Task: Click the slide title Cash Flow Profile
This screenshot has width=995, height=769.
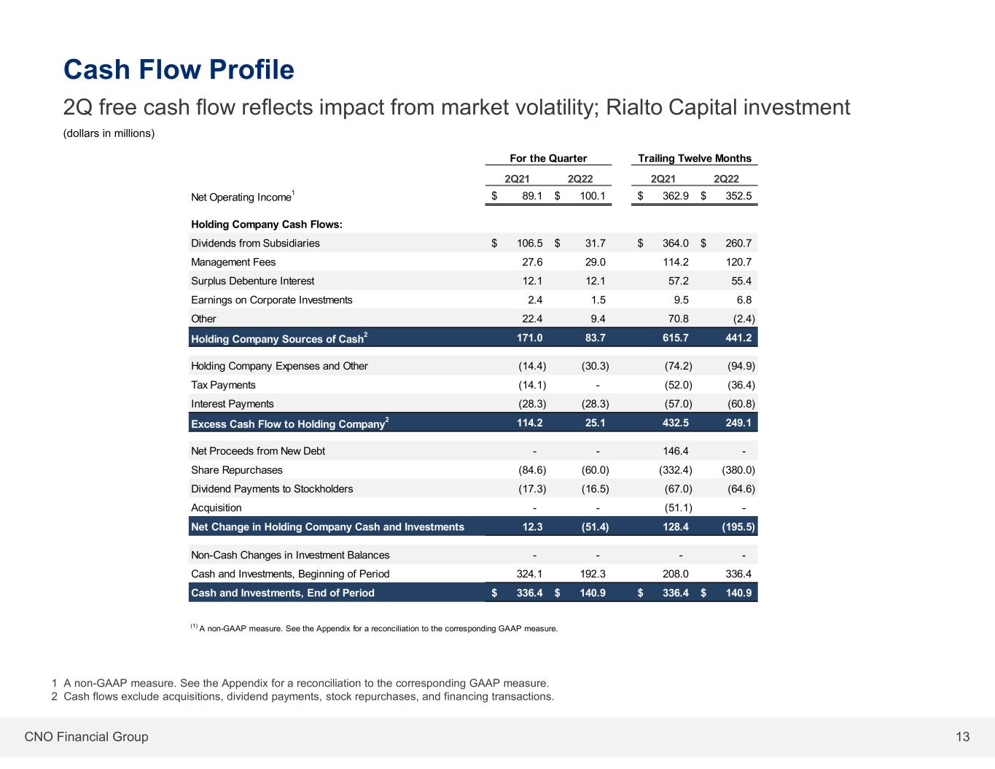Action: (x=179, y=69)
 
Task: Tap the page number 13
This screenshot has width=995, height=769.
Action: (x=962, y=736)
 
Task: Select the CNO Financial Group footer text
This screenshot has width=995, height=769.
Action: (x=86, y=736)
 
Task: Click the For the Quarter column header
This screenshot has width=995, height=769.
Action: (x=548, y=158)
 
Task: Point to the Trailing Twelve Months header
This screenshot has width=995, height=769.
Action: (x=695, y=158)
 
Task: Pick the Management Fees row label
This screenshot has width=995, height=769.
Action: (x=233, y=262)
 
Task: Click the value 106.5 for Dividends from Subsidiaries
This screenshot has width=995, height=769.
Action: (x=530, y=243)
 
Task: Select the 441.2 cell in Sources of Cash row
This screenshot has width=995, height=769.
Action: (x=738, y=337)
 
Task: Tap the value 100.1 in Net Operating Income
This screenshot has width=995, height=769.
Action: (x=593, y=196)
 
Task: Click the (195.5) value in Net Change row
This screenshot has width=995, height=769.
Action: (x=738, y=527)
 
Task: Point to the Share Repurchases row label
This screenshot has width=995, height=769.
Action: (x=237, y=470)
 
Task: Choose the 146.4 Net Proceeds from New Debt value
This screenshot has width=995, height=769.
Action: (x=676, y=451)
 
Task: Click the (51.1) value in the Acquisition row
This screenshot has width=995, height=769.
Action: (x=678, y=507)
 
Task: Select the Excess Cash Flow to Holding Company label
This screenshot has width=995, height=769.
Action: (x=290, y=423)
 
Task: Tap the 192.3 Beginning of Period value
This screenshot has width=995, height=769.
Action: (x=593, y=574)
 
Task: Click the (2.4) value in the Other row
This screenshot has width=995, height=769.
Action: (x=744, y=319)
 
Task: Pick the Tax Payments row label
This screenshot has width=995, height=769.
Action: (x=223, y=385)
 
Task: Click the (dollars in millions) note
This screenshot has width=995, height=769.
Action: (x=109, y=133)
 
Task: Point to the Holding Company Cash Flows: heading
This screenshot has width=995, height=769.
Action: (x=267, y=225)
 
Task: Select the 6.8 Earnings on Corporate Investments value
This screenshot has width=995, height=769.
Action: (x=744, y=300)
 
